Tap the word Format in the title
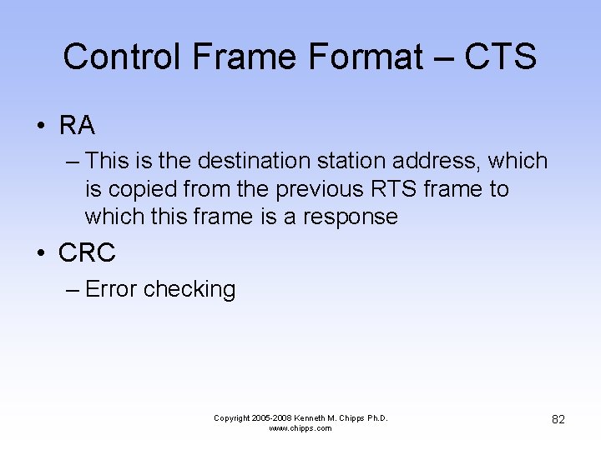[366, 57]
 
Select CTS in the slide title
[500, 57]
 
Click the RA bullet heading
[77, 126]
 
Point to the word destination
[260, 161]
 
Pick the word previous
[321, 189]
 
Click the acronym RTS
[397, 189]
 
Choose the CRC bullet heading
[87, 252]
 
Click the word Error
[111, 289]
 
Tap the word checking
[189, 289]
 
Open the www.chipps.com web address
[300, 428]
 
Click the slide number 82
[558, 419]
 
